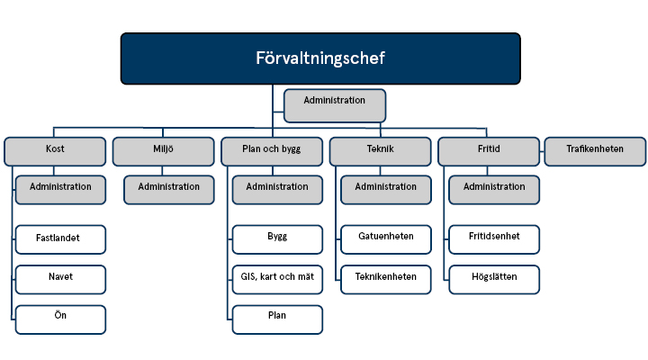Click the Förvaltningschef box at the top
click(320, 58)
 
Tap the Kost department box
click(55, 151)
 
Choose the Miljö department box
click(163, 151)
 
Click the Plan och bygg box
click(272, 151)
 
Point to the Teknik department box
click(380, 151)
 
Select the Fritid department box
click(489, 151)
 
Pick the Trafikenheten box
click(595, 151)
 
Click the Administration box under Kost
click(60, 189)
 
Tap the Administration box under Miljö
click(169, 189)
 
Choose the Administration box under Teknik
click(385, 189)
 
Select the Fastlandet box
click(60, 239)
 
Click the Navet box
click(60, 279)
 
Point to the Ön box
click(60, 319)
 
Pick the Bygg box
click(277, 239)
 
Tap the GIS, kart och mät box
click(277, 279)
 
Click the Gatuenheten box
click(385, 239)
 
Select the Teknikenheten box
click(385, 279)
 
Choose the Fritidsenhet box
click(494, 239)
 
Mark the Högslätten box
click(494, 279)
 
